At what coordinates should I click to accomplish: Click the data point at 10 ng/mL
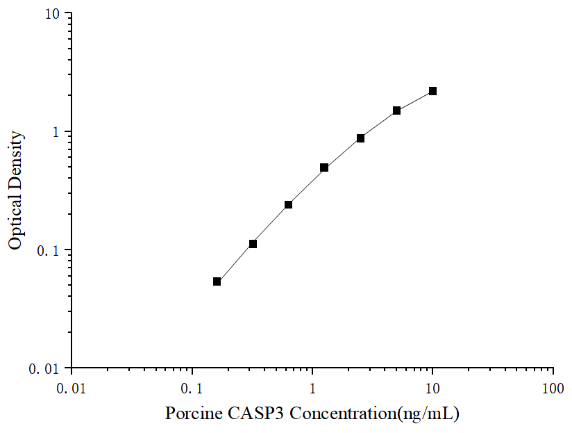432,91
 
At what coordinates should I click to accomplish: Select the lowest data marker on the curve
217,281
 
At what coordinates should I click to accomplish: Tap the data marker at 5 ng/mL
396,111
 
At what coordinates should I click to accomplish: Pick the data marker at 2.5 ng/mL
360,138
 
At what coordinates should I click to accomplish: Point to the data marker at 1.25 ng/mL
324,168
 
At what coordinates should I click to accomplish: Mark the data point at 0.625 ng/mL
288,204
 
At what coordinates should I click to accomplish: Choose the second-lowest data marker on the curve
253,244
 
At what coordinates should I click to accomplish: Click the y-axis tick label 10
53,15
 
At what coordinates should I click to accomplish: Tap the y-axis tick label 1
58,133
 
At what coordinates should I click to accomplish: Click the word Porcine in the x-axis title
194,414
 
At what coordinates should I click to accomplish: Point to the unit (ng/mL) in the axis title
426,414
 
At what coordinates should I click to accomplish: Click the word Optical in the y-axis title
16,222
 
